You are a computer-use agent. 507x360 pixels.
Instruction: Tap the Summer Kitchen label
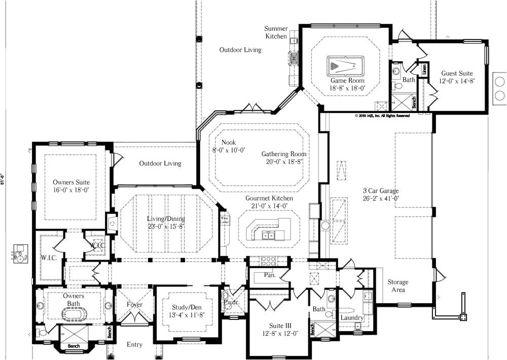[x=276, y=32]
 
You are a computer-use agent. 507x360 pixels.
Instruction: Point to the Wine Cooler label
[x=225, y=220]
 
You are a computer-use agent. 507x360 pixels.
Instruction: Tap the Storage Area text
[x=398, y=286]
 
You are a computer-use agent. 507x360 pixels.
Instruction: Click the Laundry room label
[x=352, y=318]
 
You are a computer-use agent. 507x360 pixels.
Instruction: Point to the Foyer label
[x=134, y=305]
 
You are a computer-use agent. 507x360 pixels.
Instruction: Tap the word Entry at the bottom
[x=134, y=345]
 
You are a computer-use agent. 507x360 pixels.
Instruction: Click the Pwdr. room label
[x=231, y=302]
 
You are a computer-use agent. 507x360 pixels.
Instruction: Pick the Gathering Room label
[x=284, y=154]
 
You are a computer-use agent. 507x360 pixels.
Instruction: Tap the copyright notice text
[x=382, y=116]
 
